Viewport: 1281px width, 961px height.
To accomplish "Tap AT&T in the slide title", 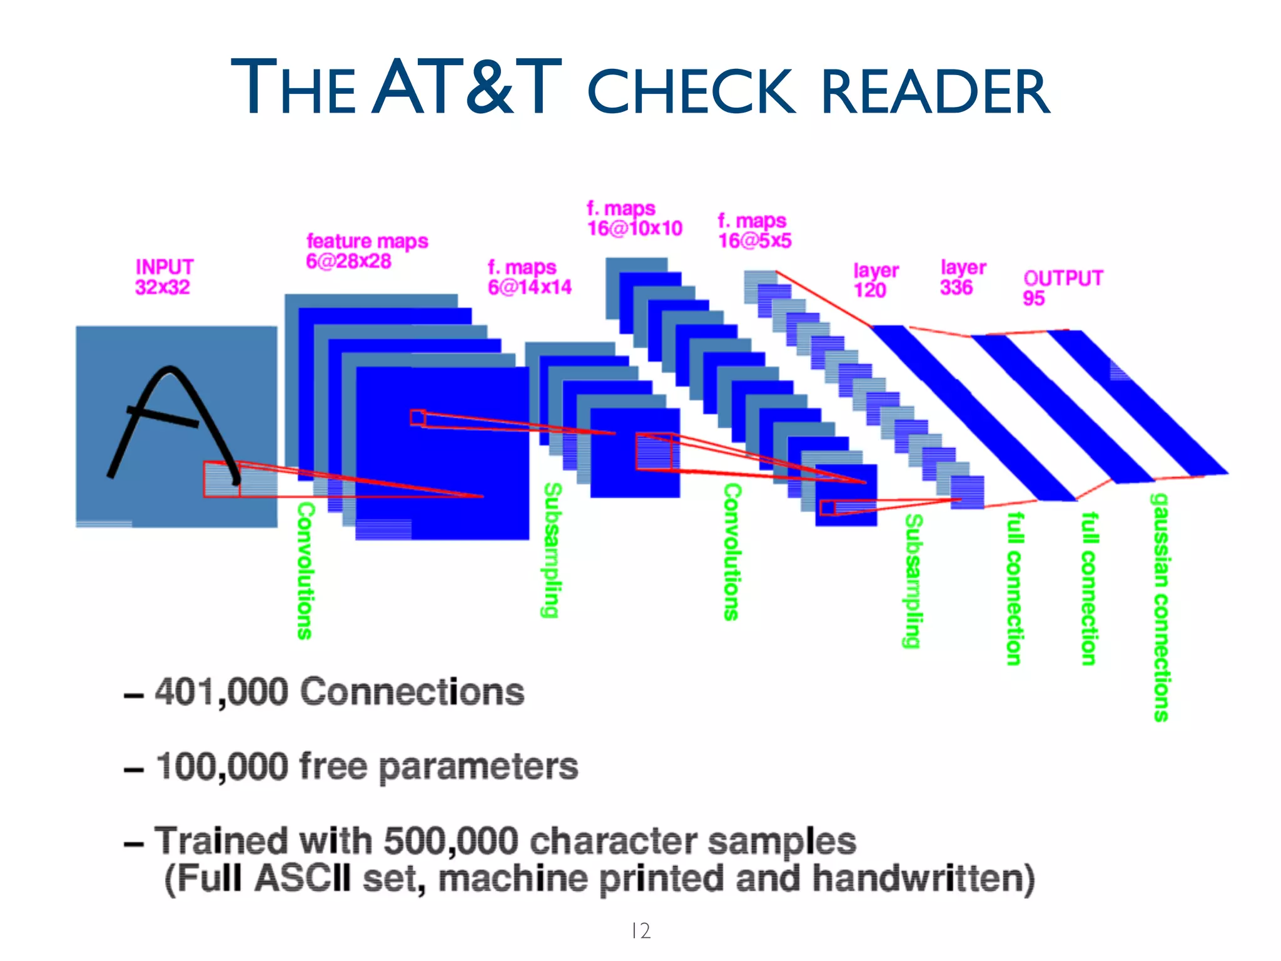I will point(467,88).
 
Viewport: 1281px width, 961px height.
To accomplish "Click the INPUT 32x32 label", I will point(164,277).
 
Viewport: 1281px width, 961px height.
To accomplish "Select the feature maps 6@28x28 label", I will point(367,250).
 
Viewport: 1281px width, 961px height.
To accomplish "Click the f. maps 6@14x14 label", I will point(529,277).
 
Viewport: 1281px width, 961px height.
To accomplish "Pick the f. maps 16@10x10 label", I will point(634,218).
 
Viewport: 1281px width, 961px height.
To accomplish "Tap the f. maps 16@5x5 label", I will point(754,230).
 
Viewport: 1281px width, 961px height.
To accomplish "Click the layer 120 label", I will point(874,280).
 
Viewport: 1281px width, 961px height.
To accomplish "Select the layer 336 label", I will point(962,277).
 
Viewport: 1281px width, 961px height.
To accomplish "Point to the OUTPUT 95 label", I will point(1062,287).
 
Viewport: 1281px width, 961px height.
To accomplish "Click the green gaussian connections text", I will point(1160,607).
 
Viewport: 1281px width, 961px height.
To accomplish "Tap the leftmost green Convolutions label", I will point(305,570).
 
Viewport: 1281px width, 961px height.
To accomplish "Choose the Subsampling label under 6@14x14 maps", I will point(550,550).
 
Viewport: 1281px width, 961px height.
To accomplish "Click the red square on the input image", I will point(221,479).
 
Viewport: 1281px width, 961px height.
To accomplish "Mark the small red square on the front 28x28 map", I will point(418,417).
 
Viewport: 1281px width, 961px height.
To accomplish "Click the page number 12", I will point(640,930).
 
